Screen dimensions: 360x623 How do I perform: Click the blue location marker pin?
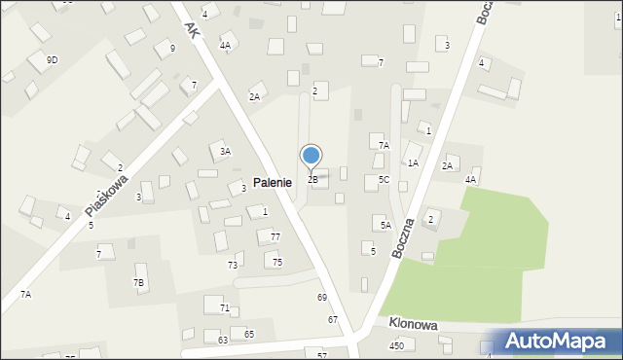[x=311, y=156]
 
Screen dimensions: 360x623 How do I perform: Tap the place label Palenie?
[x=273, y=182]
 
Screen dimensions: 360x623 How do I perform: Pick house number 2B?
[x=312, y=179]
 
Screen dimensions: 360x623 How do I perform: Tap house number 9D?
[x=52, y=59]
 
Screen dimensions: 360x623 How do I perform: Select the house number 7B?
[x=139, y=282]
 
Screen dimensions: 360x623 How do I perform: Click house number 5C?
[x=384, y=180]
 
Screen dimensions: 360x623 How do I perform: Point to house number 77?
[x=275, y=236]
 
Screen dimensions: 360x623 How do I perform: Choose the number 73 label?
[x=234, y=265]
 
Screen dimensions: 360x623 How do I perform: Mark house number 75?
[x=277, y=262]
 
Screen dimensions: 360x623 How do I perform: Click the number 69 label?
[x=322, y=297]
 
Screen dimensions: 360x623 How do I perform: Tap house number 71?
[x=225, y=307]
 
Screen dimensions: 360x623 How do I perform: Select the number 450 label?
[x=396, y=345]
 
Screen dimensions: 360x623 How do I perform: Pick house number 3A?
[x=225, y=151]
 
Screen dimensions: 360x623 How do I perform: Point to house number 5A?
[x=385, y=225]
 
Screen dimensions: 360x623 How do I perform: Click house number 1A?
[x=413, y=162]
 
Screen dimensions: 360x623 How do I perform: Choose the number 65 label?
[x=249, y=334]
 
